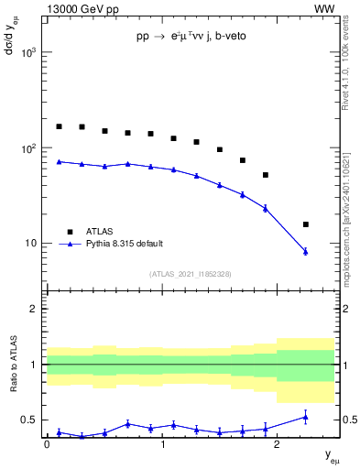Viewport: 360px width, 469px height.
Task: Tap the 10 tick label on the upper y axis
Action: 34,244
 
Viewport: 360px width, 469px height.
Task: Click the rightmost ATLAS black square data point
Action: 305,224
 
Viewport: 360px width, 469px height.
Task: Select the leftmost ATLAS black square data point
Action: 59,126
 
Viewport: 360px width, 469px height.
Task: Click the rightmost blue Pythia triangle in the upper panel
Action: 305,251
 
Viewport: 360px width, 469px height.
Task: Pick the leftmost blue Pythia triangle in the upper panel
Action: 59,161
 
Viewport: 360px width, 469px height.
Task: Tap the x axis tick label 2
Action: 277,444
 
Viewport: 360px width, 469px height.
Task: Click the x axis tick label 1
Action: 162,444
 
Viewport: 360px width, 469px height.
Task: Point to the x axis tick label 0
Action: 47,444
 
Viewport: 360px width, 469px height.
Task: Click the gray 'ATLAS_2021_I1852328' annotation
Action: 191,274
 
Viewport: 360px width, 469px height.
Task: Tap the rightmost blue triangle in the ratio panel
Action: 305,417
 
